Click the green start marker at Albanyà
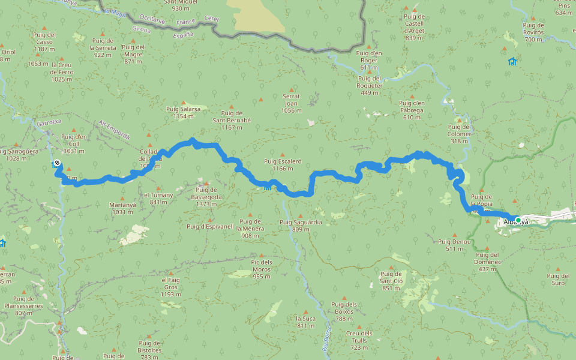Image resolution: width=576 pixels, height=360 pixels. [x=518, y=220]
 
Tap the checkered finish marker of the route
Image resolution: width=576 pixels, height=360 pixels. [x=56, y=163]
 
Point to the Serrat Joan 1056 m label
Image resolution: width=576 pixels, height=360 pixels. [x=291, y=103]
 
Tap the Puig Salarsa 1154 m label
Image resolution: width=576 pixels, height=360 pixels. [x=184, y=113]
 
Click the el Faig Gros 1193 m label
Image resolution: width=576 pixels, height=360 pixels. [x=171, y=287]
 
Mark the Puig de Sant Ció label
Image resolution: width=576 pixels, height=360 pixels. [x=391, y=281]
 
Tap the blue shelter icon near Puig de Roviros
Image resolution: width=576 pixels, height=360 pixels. [x=512, y=61]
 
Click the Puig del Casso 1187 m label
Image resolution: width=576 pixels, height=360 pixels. [x=44, y=41]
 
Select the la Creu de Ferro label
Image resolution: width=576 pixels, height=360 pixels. [x=62, y=72]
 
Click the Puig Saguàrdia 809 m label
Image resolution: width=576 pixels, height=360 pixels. [x=301, y=226]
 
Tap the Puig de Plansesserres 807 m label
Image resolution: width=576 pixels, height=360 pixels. [x=23, y=306]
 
